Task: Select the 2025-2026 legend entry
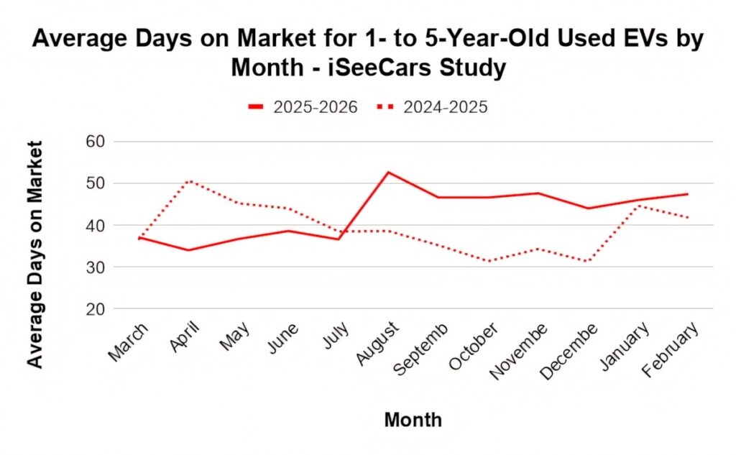pyautogui.click(x=303, y=107)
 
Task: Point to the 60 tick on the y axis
pyautogui.click(x=95, y=142)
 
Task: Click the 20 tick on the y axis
pyautogui.click(x=95, y=309)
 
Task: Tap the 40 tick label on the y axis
pyautogui.click(x=95, y=226)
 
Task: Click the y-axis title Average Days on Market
pyautogui.click(x=35, y=254)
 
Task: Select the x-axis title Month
pyautogui.click(x=413, y=420)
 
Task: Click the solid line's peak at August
pyautogui.click(x=388, y=173)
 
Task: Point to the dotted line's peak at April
pyautogui.click(x=188, y=181)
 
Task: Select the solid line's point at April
pyautogui.click(x=188, y=250)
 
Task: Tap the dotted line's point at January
pyautogui.click(x=638, y=206)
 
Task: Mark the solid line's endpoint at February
pyautogui.click(x=688, y=194)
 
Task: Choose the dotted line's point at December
pyautogui.click(x=588, y=261)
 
